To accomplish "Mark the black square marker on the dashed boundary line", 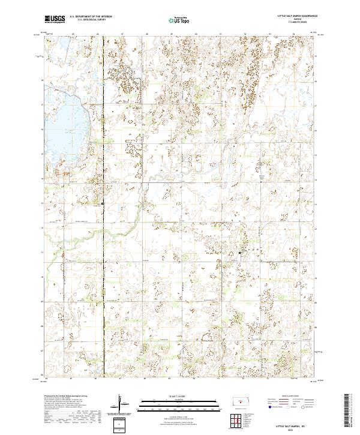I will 102,203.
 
